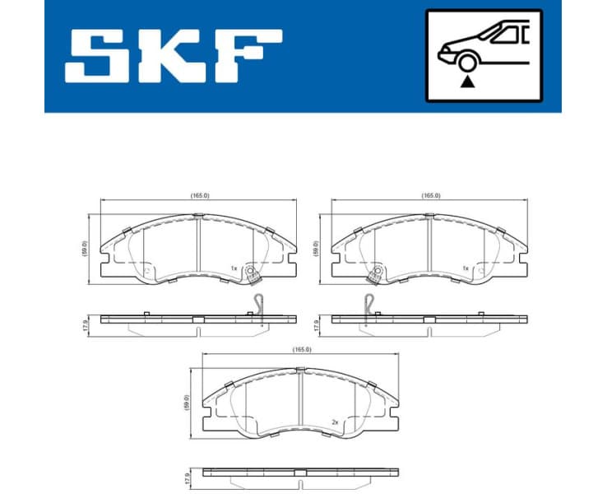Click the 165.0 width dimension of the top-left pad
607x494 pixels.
pos(198,196)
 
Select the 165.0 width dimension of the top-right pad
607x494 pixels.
pos(430,196)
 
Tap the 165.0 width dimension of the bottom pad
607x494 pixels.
pos(302,350)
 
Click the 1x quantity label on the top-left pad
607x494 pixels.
pos(234,268)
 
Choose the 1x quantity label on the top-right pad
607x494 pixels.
pos(466,268)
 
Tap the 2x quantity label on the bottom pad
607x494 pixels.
pos(336,422)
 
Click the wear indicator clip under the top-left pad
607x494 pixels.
pos(258,304)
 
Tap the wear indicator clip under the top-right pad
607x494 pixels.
pos(370,304)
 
